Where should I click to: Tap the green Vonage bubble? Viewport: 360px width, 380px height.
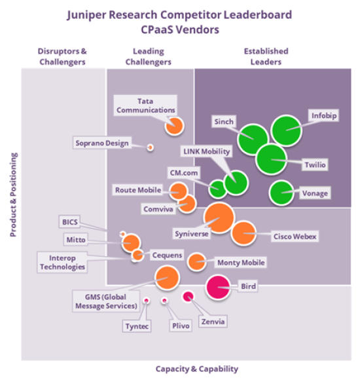tap(281, 193)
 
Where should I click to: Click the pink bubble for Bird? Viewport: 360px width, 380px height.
tap(218, 286)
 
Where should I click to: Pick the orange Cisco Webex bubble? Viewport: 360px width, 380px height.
tap(243, 233)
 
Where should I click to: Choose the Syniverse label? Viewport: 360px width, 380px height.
tap(191, 233)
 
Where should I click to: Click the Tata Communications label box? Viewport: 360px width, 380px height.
tap(145, 105)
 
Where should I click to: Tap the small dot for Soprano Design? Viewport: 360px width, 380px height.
tap(150, 147)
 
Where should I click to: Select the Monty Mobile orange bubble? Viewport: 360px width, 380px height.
tap(196, 261)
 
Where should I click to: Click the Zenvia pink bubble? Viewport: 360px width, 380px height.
tap(189, 297)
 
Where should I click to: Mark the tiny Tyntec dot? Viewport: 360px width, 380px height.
tap(147, 301)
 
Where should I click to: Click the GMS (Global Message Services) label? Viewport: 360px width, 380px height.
tap(105, 301)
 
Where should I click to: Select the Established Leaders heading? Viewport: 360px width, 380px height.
tap(266, 56)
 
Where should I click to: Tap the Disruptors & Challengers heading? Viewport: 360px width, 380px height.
tap(62, 56)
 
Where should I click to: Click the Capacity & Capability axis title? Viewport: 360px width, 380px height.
tap(196, 369)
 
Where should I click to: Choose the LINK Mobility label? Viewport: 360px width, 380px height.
tap(206, 151)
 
